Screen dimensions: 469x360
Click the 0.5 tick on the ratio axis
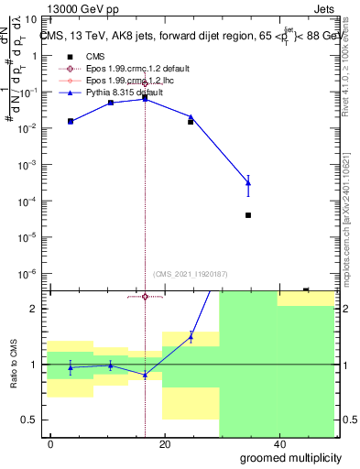click(x=29, y=420)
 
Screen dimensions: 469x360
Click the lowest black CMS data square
click(x=248, y=215)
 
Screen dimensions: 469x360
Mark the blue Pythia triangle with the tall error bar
click(x=248, y=183)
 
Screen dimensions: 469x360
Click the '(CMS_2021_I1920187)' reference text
click(x=191, y=273)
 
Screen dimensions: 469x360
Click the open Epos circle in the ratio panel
click(x=145, y=297)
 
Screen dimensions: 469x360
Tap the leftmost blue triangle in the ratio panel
click(x=71, y=367)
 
